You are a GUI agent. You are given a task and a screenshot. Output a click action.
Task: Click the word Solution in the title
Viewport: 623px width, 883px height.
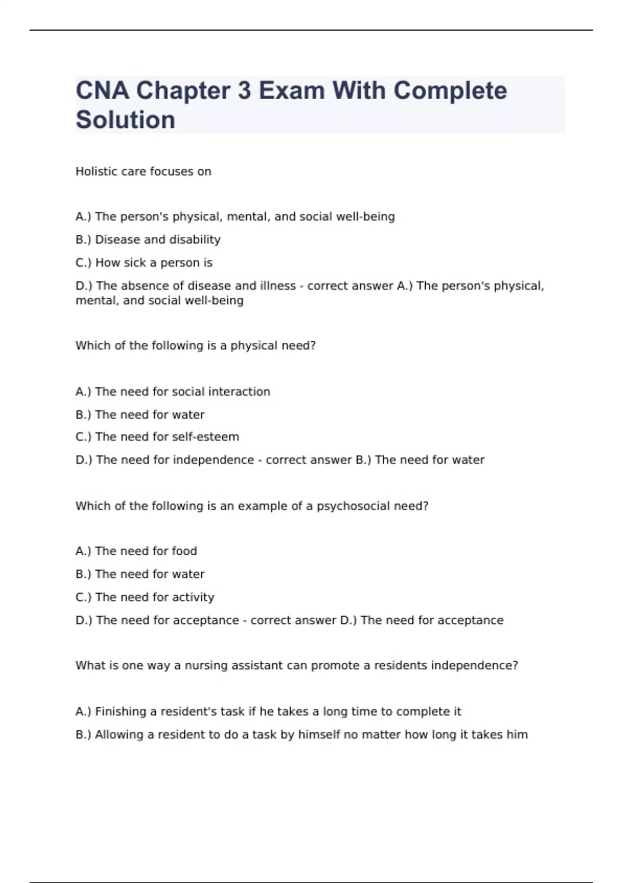(126, 120)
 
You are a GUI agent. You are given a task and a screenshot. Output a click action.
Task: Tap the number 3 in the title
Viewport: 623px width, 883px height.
(244, 91)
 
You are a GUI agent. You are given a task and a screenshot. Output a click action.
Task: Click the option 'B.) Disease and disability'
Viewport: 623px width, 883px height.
(148, 239)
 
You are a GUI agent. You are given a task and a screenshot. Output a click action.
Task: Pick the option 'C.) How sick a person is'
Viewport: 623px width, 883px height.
(144, 263)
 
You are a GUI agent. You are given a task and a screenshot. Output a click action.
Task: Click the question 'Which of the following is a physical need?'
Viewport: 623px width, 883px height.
(195, 346)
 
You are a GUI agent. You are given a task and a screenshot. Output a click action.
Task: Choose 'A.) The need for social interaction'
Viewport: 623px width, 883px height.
(173, 392)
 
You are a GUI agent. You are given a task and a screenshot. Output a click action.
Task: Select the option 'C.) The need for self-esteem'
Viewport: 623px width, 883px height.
(157, 437)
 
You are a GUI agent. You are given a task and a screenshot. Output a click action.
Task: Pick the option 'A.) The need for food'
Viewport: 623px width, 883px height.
(136, 551)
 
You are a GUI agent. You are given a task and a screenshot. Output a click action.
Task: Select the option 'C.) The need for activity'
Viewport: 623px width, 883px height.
(145, 597)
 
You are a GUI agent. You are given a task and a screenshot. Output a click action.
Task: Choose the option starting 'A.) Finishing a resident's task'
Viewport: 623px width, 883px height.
(268, 712)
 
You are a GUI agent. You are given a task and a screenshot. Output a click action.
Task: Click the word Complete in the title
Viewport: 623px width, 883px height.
(450, 91)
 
